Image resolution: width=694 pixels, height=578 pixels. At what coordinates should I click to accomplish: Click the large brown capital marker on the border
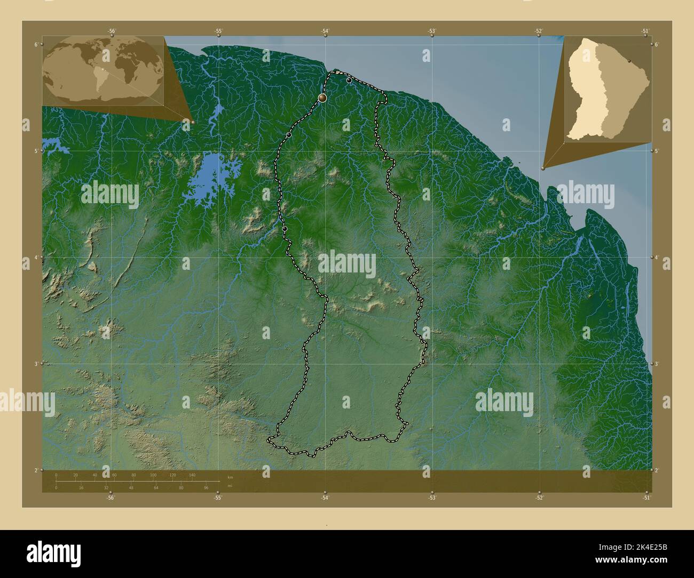click(322, 98)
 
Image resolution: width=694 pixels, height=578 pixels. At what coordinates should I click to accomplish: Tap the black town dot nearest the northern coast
click(349, 81)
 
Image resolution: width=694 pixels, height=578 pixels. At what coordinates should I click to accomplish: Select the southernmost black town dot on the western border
click(285, 229)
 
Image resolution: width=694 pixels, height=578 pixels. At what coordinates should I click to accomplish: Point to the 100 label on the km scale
click(153, 475)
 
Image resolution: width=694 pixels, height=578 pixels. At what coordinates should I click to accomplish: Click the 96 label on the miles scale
click(206, 487)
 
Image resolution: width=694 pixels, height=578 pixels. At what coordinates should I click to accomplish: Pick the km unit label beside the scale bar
click(230, 477)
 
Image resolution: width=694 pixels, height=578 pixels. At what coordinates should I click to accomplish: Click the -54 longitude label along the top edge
click(325, 31)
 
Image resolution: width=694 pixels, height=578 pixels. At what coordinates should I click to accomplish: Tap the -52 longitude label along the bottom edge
click(539, 497)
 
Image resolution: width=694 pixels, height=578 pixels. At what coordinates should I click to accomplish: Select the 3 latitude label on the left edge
click(36, 364)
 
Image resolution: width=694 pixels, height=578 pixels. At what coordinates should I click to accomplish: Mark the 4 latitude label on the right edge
click(657, 258)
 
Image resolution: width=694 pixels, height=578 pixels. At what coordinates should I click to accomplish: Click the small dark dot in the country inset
click(630, 61)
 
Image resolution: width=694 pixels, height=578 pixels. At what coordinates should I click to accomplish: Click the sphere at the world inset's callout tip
click(193, 122)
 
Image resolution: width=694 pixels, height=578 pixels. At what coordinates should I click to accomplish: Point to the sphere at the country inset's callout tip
click(543, 168)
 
